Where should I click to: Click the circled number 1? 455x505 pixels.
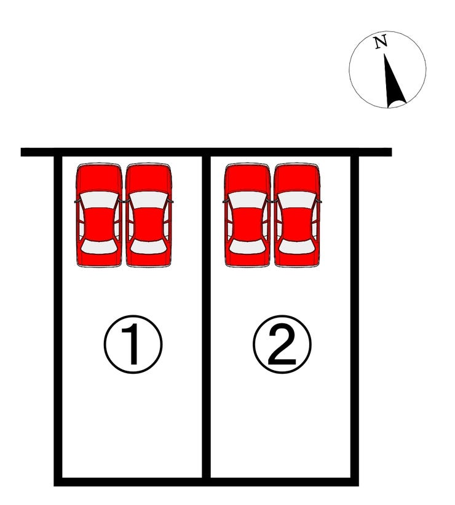pos(133,344)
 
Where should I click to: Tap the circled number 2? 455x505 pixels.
pos(282,344)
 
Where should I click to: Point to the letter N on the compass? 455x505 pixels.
pos(381,42)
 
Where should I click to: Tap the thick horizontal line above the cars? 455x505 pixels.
pos(206,152)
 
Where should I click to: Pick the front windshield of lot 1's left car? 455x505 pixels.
pos(99,200)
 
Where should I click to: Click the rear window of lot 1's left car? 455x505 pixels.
pos(99,247)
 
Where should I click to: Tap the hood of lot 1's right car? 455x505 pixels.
pos(149,179)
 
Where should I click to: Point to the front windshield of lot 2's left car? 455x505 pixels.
pos(248,200)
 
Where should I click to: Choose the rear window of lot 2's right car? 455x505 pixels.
pos(297,247)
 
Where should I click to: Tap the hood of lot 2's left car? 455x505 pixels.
pos(248,179)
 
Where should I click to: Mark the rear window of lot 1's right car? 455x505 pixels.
pos(149,247)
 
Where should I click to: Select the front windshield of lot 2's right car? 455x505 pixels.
pos(297,200)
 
